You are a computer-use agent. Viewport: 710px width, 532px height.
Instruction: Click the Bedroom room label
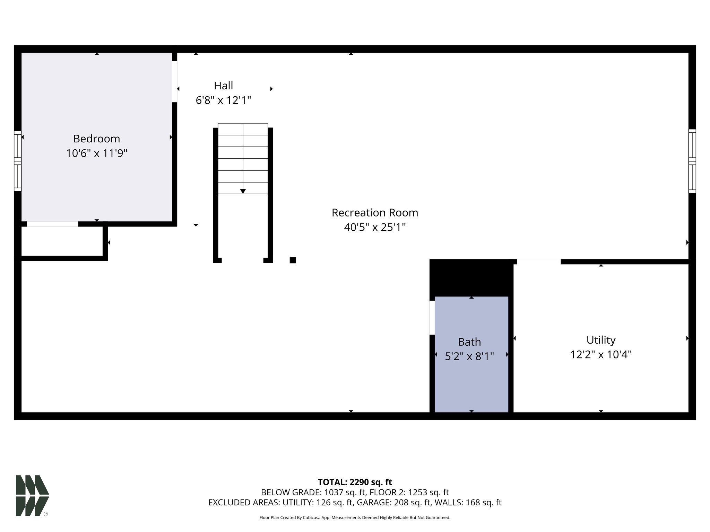[x=96, y=139]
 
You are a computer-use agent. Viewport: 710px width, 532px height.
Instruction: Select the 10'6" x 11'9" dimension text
[x=97, y=153]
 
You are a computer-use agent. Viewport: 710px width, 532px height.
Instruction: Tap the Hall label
[x=223, y=86]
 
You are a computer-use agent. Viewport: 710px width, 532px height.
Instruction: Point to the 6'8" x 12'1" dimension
[x=223, y=100]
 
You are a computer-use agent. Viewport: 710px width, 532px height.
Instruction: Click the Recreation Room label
[x=375, y=212]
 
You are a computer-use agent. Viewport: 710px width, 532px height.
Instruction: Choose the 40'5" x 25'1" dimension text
[x=375, y=227]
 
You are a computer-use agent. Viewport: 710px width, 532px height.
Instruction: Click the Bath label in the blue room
[x=469, y=342]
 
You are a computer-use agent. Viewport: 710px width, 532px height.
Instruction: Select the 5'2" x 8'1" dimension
[x=469, y=356]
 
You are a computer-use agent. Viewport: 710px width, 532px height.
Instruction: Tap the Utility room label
[x=601, y=340]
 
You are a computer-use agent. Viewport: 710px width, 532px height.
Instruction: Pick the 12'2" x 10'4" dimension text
[x=601, y=355]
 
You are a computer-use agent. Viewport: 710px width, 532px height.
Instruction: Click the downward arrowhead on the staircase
[x=243, y=191]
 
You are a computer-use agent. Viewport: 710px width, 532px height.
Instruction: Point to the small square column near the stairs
[x=293, y=260]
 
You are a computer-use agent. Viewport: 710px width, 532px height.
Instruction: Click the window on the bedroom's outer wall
[x=18, y=161]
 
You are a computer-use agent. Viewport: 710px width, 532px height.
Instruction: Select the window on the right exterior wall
[x=692, y=161]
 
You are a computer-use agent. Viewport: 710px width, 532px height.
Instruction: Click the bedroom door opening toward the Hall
[x=175, y=82]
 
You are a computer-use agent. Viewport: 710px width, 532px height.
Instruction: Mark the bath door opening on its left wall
[x=432, y=318]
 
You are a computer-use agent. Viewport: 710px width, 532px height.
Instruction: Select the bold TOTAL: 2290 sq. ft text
[x=355, y=482]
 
